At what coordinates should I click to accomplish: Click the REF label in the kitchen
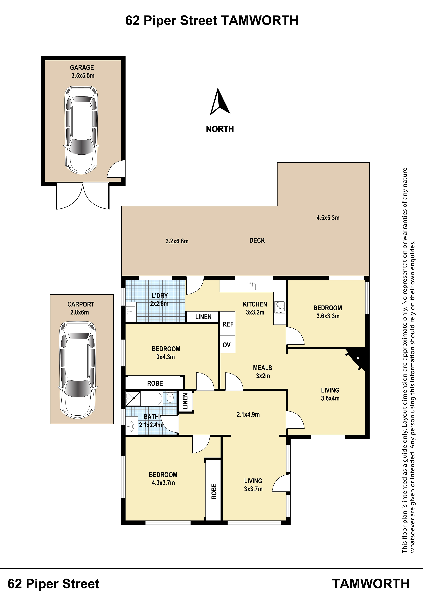pyautogui.click(x=228, y=324)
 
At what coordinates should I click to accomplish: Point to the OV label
pyautogui.click(x=227, y=345)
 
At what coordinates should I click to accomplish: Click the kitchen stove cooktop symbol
pyautogui.click(x=280, y=307)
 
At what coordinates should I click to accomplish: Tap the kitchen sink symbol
pyautogui.click(x=252, y=286)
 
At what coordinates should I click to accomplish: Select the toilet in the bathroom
pyautogui.click(x=170, y=397)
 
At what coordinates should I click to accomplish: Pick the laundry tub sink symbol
pyautogui.click(x=131, y=311)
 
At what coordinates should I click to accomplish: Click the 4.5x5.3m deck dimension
pyautogui.click(x=328, y=218)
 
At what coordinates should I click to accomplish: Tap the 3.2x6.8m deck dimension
pyautogui.click(x=177, y=241)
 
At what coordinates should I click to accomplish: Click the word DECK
pyautogui.click(x=257, y=240)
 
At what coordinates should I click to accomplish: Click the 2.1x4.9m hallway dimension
pyautogui.click(x=248, y=414)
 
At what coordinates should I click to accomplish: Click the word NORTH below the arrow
pyautogui.click(x=220, y=129)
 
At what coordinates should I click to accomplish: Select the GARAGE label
pyautogui.click(x=82, y=68)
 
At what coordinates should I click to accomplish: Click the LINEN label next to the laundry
pyautogui.click(x=203, y=317)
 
